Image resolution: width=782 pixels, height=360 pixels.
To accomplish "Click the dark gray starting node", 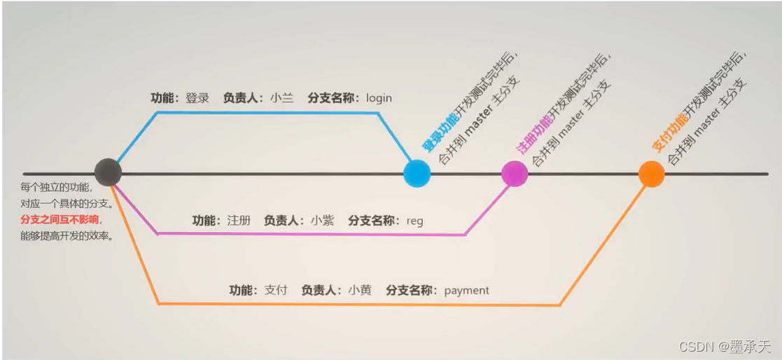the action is click(108, 172).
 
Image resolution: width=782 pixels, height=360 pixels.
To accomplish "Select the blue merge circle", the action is click(417, 173).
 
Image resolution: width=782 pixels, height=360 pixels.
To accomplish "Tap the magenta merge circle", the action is click(515, 174).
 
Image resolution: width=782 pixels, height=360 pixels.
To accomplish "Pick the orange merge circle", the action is click(651, 174).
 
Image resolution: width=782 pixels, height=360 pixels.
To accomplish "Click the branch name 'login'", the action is click(379, 98).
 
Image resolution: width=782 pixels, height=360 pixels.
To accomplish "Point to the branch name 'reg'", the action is click(414, 221).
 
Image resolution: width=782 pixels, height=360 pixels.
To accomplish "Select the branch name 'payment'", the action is click(466, 290).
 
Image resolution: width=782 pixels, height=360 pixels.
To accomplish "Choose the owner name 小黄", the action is click(360, 290).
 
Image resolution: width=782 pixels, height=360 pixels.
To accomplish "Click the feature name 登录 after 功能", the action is click(197, 98).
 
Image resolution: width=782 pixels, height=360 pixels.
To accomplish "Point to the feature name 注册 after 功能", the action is click(239, 221).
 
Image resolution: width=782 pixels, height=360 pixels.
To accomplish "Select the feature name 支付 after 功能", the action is click(276, 290).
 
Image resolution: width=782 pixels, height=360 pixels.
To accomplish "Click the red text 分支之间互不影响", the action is click(61, 219).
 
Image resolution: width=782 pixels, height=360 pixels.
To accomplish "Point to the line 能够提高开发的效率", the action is click(67, 236).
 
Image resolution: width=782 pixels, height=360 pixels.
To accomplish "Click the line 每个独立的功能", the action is click(56, 187).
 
